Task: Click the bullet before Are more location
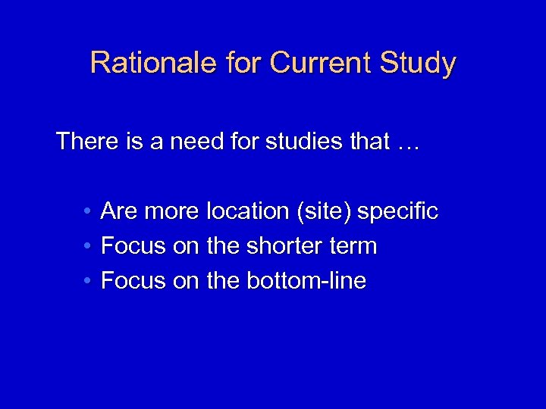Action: (89, 211)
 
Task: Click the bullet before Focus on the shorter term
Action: (89, 246)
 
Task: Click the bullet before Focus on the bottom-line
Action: (89, 281)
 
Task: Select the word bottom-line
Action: (306, 281)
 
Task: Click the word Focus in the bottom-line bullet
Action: (133, 281)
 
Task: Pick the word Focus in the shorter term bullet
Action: (133, 246)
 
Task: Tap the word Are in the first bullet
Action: (118, 211)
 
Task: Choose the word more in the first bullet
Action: (171, 211)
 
